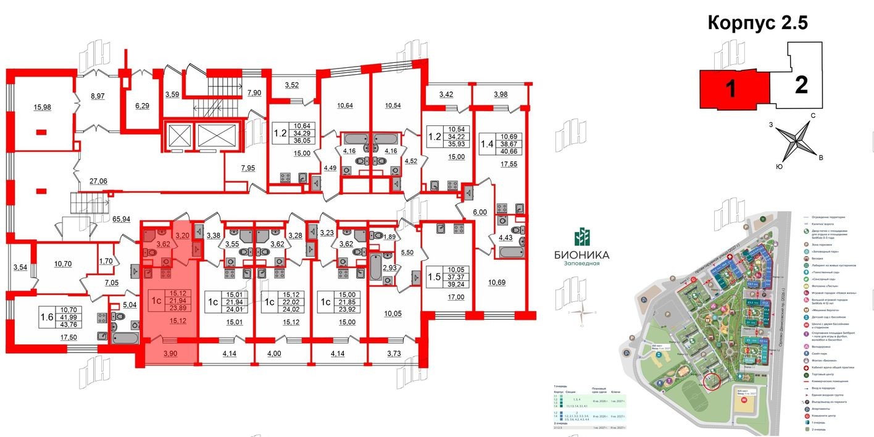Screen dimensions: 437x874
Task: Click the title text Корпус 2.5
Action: [757, 23]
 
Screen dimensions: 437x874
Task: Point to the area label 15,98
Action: [43, 107]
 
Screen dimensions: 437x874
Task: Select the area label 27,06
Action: [98, 181]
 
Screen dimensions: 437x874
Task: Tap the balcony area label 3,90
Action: [170, 354]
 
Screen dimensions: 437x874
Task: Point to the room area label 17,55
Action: [510, 164]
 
